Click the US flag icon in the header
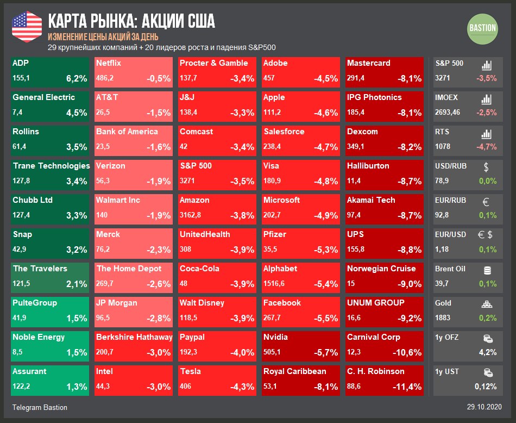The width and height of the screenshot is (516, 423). [27, 26]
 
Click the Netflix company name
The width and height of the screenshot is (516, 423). [108, 63]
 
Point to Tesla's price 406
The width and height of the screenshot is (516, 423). [186, 387]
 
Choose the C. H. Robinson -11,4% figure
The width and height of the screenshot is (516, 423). [407, 387]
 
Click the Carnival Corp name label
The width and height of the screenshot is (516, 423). [374, 337]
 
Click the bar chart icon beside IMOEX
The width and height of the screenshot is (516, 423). [487, 99]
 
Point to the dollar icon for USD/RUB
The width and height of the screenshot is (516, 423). [486, 166]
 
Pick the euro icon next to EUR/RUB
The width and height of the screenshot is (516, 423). [486, 202]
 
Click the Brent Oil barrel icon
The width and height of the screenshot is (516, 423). [487, 270]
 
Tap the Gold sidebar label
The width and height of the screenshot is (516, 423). [443, 303]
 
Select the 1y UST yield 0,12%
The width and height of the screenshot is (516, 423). [485, 387]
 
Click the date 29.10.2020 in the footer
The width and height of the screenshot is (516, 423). [484, 407]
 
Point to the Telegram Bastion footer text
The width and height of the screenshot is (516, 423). [40, 407]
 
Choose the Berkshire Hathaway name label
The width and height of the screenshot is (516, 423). [134, 337]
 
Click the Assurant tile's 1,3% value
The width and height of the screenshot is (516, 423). [77, 387]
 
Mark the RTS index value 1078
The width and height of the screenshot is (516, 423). [443, 147]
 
